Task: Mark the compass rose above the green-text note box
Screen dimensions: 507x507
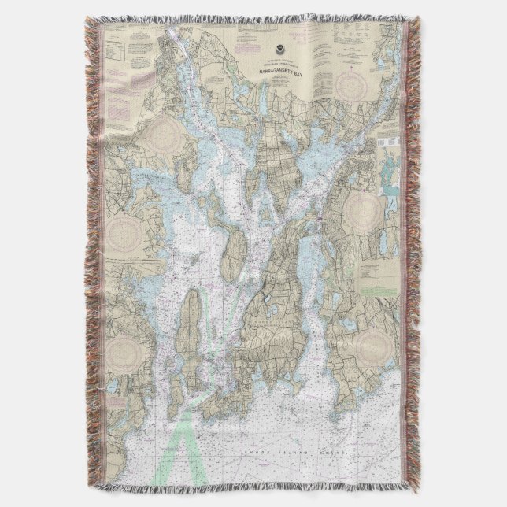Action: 364,213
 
